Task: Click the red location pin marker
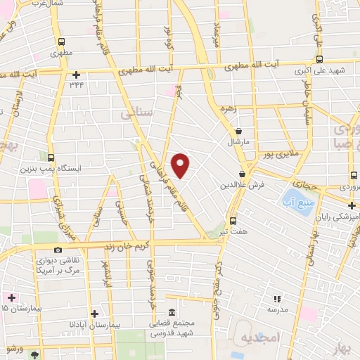tap(181, 165)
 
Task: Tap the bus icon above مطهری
tap(61, 41)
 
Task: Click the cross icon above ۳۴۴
tap(76, 75)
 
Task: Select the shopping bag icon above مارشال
tap(239, 131)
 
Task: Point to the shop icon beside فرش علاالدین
tap(242, 174)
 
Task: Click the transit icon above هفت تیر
tap(233, 220)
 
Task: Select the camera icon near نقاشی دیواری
tap(58, 250)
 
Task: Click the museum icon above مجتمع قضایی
tap(172, 313)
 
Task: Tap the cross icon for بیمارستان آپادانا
tap(94, 314)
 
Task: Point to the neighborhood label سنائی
tap(136, 113)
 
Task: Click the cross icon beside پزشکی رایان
tap(352, 205)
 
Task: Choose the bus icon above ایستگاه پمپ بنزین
tap(51, 157)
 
